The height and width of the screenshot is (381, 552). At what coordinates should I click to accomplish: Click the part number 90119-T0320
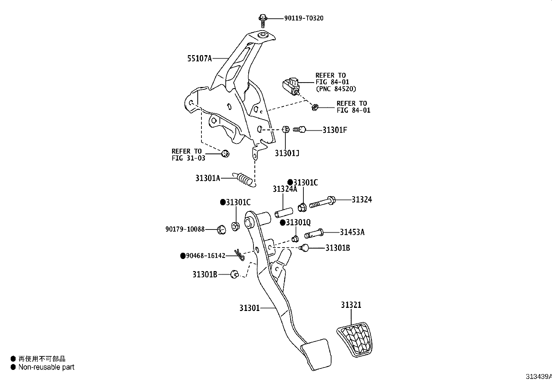(304, 18)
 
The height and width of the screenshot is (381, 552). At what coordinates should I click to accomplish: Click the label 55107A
(199, 59)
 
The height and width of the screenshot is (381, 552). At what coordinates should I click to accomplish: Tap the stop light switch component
(291, 86)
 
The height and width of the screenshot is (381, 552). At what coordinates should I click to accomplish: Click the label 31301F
(335, 130)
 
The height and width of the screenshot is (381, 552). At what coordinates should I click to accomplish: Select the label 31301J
(287, 153)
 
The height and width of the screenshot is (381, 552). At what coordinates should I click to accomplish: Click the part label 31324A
(285, 189)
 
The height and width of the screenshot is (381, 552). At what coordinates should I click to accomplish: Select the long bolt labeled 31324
(322, 202)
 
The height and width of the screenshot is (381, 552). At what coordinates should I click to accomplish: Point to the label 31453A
(352, 232)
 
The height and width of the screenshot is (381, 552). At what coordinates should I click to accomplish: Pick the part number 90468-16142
(206, 256)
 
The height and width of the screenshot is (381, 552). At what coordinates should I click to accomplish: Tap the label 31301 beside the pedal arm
(249, 308)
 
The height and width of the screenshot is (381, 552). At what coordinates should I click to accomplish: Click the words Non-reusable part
(46, 367)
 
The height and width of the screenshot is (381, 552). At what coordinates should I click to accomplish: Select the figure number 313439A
(538, 376)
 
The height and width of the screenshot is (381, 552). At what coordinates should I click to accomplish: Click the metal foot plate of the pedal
(317, 354)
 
